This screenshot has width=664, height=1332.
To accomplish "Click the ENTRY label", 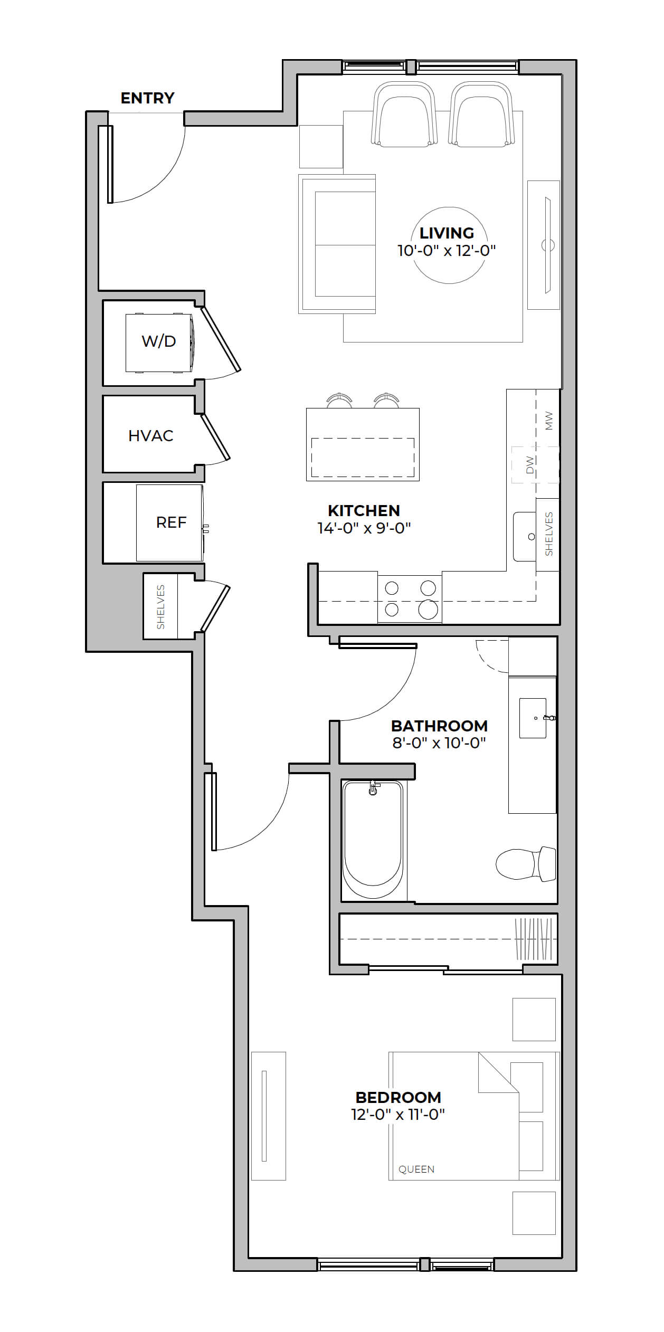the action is [147, 98].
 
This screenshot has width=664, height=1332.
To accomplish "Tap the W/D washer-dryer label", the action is [158, 341].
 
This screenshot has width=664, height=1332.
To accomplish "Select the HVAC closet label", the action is [151, 435].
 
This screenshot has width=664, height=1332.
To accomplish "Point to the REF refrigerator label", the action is [171, 522].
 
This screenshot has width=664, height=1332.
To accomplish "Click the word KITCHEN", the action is [364, 510].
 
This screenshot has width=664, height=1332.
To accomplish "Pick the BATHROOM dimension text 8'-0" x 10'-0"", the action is [439, 743].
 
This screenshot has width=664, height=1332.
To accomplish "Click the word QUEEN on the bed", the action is [416, 1169].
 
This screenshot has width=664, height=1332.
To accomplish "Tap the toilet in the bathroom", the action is [526, 864].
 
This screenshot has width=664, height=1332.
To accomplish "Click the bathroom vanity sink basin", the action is [533, 718].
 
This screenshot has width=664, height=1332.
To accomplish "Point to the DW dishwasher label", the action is [530, 465].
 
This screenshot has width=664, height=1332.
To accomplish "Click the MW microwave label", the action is [549, 421].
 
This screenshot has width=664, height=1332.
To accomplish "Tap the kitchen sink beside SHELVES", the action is [525, 536].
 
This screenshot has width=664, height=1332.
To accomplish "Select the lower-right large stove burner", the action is [428, 610].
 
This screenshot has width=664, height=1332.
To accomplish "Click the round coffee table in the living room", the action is [449, 245].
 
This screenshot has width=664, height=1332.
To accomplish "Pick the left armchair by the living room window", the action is [404, 115].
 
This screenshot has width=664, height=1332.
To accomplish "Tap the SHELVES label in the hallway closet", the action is [161, 607].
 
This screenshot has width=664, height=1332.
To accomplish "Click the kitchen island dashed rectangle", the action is [363, 458].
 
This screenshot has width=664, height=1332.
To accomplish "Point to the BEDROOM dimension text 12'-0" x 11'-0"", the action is [398, 1114].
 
